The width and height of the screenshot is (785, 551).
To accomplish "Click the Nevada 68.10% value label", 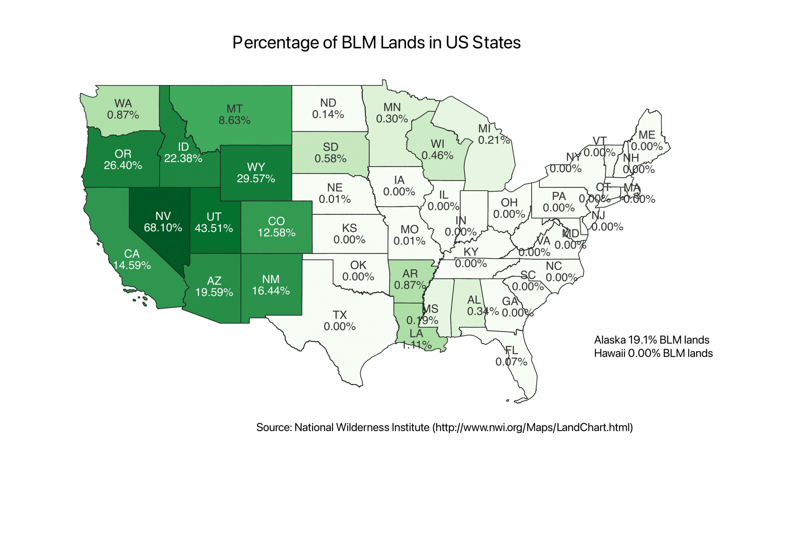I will (163, 228).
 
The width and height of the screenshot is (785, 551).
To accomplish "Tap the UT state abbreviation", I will (214, 217).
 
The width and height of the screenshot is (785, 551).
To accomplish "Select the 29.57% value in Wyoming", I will (256, 179).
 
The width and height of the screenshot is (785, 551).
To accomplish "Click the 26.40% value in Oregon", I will (123, 165).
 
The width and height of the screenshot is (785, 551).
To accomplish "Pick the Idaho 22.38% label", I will (183, 158).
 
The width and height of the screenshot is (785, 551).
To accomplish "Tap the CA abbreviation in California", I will (132, 254).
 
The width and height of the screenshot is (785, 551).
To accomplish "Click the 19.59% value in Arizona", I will (214, 292).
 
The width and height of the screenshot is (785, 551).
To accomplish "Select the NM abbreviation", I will (271, 279).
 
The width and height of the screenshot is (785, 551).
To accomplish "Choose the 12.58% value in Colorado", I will (276, 233).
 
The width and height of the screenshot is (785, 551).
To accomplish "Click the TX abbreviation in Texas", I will (339, 315).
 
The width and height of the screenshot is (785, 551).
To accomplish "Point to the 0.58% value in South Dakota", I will (330, 158).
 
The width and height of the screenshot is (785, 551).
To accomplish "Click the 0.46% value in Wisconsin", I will (437, 156).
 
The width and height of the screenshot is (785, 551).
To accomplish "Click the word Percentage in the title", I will (285, 43).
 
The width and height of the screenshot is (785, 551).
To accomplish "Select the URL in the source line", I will (532, 427).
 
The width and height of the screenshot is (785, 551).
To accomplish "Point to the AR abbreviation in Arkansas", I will (410, 274).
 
